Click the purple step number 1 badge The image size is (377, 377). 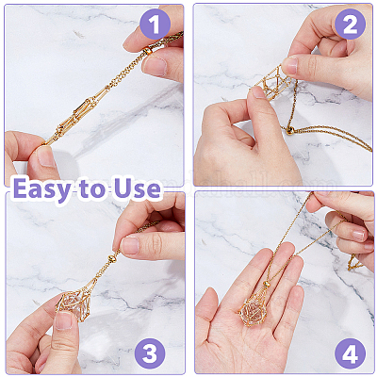pos(155,25)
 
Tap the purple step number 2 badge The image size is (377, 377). pos(350,25)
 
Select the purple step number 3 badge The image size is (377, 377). pos(150,353)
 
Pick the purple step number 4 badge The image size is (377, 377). pos(350,353)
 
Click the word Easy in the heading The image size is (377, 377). pos(42,189)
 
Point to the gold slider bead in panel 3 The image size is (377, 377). pos(111,259)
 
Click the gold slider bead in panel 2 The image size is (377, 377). pos(289,131)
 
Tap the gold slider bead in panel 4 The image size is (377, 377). pos(267,285)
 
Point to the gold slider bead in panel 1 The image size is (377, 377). pos(147,51)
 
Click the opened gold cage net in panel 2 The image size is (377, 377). pos(272,82)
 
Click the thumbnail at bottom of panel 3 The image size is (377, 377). pos(63,320)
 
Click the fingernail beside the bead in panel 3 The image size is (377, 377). pos(129,246)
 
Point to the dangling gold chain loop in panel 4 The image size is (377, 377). pos(353,263)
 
